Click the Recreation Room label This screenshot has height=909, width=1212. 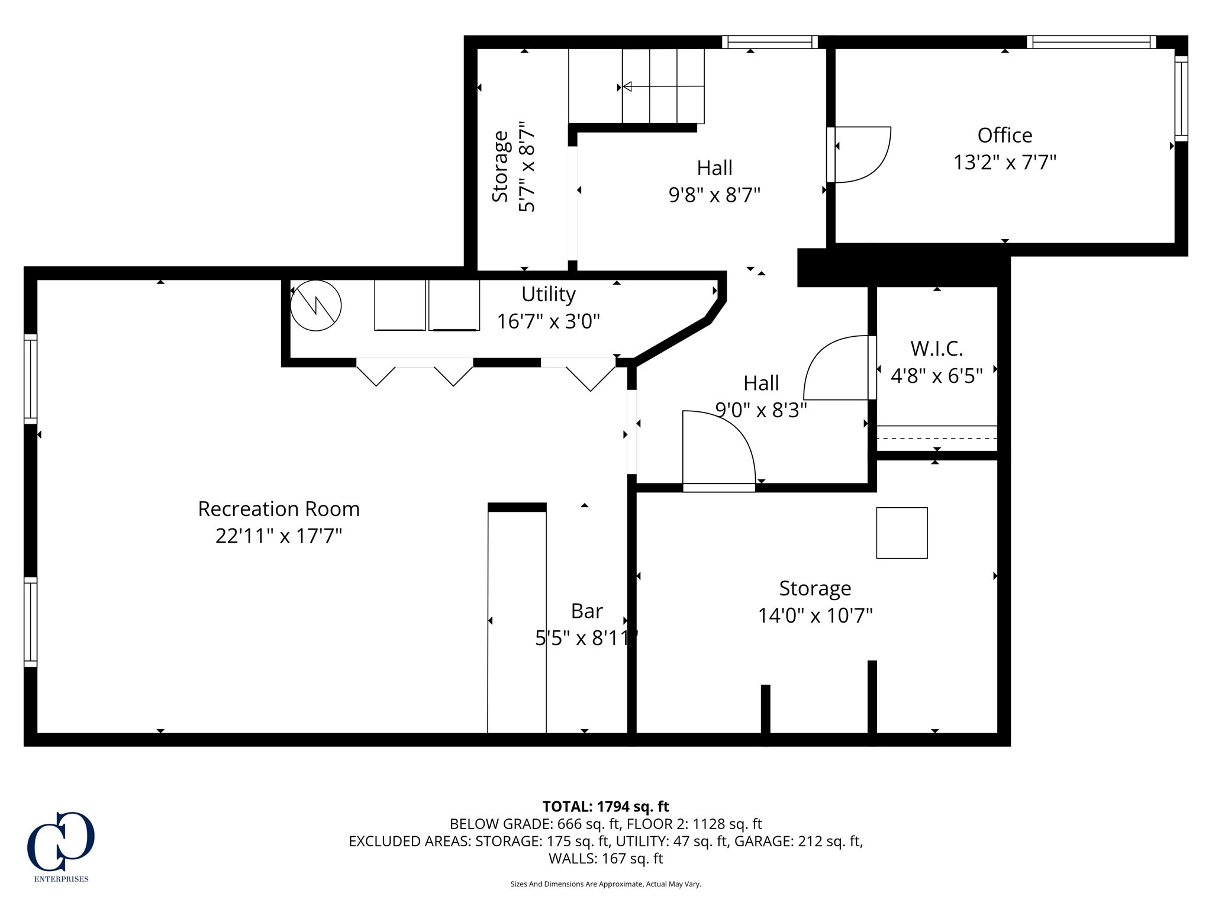point(278,509)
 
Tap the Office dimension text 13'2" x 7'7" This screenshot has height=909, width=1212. point(1004,162)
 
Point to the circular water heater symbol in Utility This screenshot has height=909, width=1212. point(315,305)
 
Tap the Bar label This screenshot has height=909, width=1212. point(586,611)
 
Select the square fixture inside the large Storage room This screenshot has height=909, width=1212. point(901,533)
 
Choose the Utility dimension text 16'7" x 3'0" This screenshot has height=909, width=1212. point(548,321)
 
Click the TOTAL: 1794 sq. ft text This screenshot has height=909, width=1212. point(605,807)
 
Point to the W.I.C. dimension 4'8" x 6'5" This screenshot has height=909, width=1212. point(936,376)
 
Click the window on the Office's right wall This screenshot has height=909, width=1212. point(1181,98)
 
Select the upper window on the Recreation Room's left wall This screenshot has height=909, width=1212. point(30,379)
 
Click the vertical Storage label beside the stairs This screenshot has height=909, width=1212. point(501,166)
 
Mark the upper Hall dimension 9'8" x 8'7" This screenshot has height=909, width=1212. point(714,195)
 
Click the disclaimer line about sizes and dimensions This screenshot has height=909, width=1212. point(605,884)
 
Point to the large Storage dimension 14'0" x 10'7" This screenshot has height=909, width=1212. point(815,615)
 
